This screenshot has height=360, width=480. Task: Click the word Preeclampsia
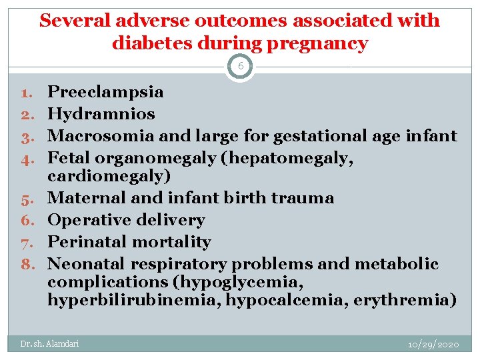pos(106,92)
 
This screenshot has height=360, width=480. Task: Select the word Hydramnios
pos(101,114)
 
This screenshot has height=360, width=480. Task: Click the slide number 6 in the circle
pos(240,67)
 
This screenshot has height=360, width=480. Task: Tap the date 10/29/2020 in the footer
pos(434,344)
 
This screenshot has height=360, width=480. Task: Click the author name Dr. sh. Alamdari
pos(49,344)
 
